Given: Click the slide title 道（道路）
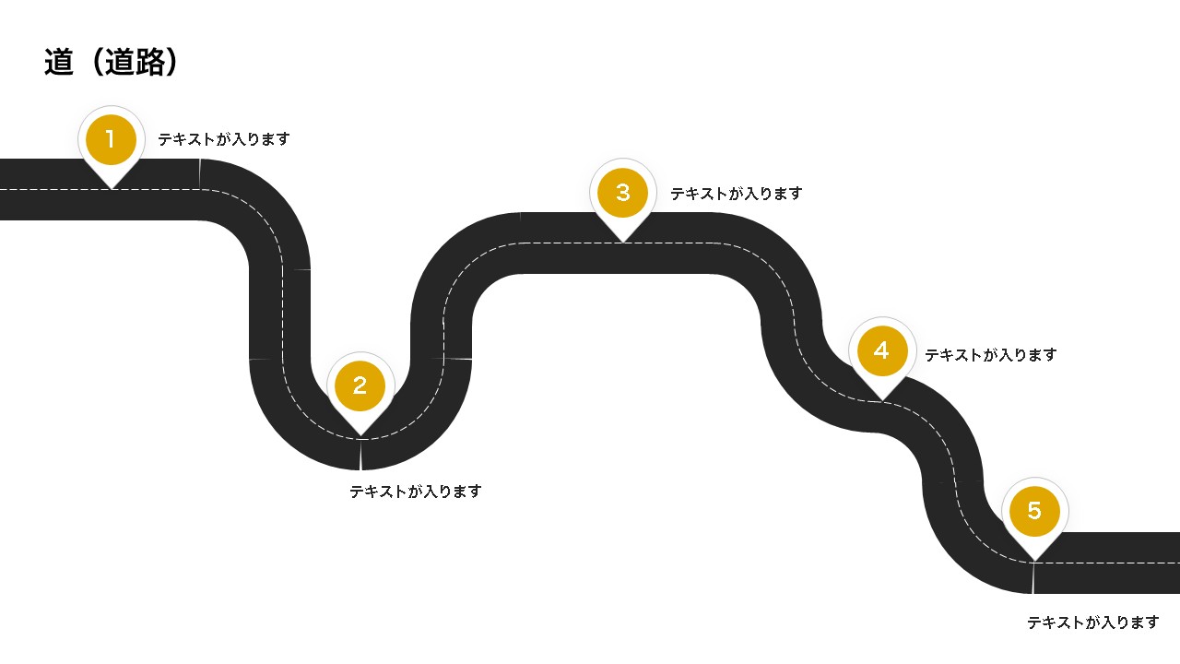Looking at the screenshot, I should pyautogui.click(x=111, y=62).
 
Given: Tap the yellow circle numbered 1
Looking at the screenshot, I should pyautogui.click(x=111, y=139).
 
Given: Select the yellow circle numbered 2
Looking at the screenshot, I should pyautogui.click(x=360, y=385).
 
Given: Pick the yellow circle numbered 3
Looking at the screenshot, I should pyautogui.click(x=623, y=193).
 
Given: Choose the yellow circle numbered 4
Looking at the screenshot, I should pyautogui.click(x=882, y=351).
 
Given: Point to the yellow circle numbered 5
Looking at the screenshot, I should pyautogui.click(x=1034, y=511).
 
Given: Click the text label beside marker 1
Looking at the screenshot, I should pyautogui.click(x=224, y=139).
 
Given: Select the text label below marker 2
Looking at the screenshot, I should pyautogui.click(x=416, y=492).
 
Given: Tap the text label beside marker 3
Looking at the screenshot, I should pyautogui.click(x=737, y=194).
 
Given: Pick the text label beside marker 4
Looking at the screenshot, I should pyautogui.click(x=991, y=355).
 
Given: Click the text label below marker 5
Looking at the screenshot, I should pyautogui.click(x=1093, y=622).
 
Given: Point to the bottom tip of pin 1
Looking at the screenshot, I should pyautogui.click(x=111, y=188).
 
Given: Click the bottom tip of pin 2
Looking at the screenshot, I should pyautogui.click(x=360, y=434).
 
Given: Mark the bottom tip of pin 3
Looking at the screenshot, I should pyautogui.click(x=623, y=242).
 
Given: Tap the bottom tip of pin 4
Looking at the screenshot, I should pyautogui.click(x=882, y=400).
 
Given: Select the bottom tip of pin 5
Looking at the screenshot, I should pyautogui.click(x=1034, y=560).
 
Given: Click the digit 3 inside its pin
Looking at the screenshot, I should pyautogui.click(x=623, y=193).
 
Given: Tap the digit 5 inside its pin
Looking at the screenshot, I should pyautogui.click(x=1034, y=511).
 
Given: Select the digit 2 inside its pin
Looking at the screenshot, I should pyautogui.click(x=360, y=385).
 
